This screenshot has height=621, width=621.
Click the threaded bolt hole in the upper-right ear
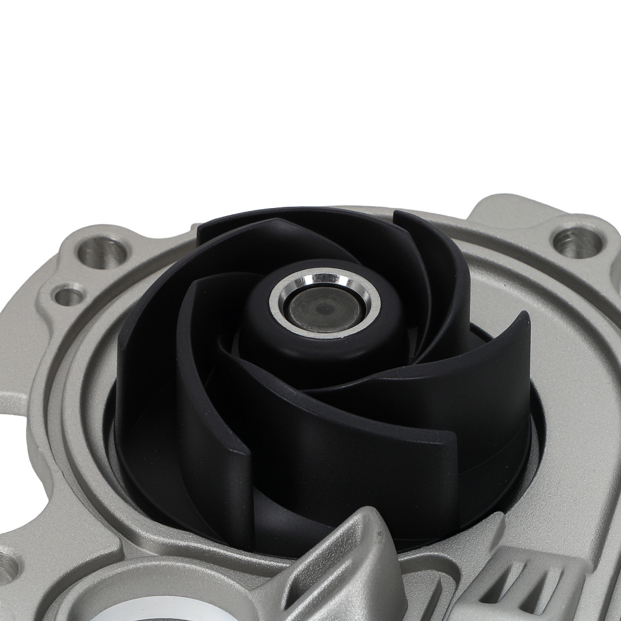(x=576, y=242)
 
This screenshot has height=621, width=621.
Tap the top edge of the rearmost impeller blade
(x=279, y=214)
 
